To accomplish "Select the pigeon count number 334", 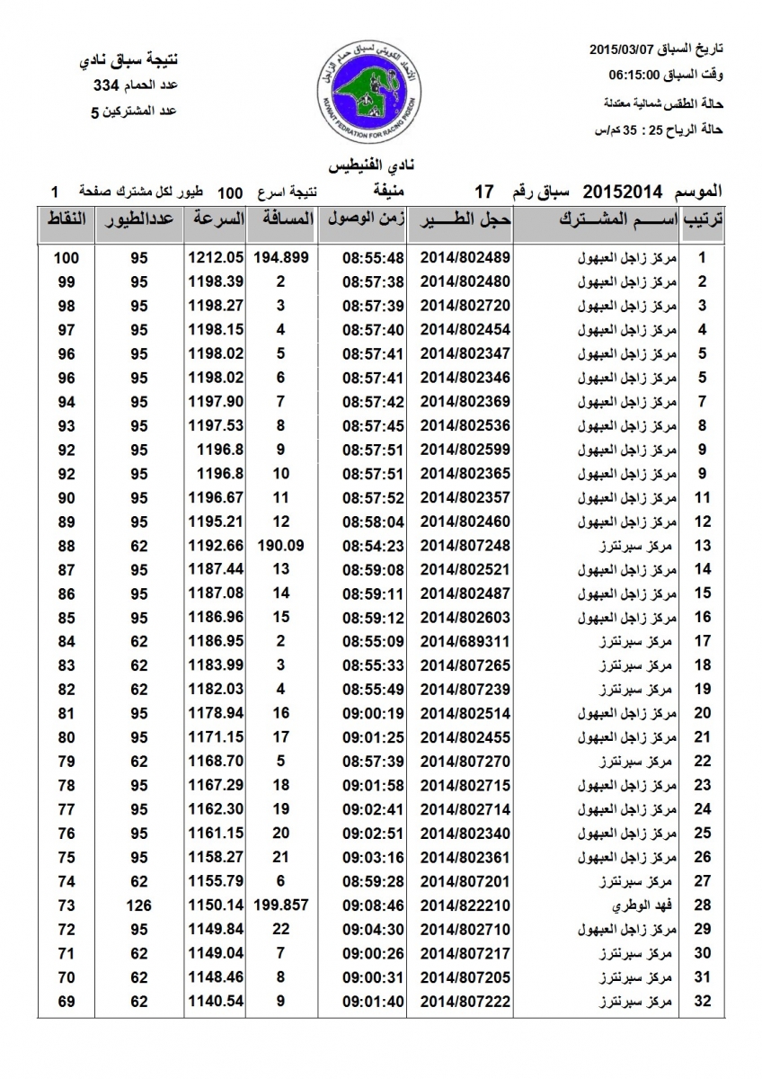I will [106, 86].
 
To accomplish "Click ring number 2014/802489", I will [465, 257].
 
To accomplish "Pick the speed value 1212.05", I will [217, 257].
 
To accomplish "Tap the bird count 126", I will [137, 905].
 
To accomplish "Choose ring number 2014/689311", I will [465, 641].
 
